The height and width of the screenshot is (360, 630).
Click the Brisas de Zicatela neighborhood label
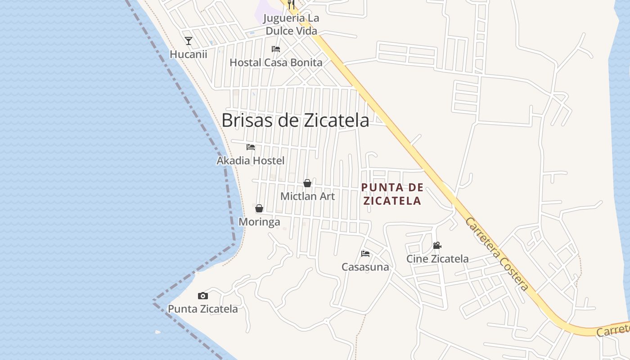tap(295, 120)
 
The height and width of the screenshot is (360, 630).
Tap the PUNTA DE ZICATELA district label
tap(392, 194)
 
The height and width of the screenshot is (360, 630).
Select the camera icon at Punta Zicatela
tap(203, 296)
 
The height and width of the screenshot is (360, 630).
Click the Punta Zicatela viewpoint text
tap(202, 309)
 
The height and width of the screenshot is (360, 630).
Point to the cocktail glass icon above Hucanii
tap(189, 41)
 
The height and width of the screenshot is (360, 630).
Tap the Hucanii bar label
tap(189, 54)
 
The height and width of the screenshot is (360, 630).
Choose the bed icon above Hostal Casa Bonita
tap(276, 49)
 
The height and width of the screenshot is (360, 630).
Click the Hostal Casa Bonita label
tap(276, 63)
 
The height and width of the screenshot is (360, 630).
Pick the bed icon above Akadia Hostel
tap(251, 147)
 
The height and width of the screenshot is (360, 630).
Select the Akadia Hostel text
tap(251, 160)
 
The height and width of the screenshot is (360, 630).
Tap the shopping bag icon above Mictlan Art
tap(307, 183)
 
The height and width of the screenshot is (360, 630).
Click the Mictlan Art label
tap(307, 196)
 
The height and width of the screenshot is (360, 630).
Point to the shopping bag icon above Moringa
tap(259, 208)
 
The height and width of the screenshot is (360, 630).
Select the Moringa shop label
tap(259, 222)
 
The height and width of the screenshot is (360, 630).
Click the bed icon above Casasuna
tap(365, 254)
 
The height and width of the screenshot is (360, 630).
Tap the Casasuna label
tap(365, 267)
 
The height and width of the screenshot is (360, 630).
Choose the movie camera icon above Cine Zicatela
tap(437, 246)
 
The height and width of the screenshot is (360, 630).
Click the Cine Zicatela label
tap(437, 259)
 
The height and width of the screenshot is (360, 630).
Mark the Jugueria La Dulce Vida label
tap(291, 25)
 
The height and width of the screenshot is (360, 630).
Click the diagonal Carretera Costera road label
tap(497, 254)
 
